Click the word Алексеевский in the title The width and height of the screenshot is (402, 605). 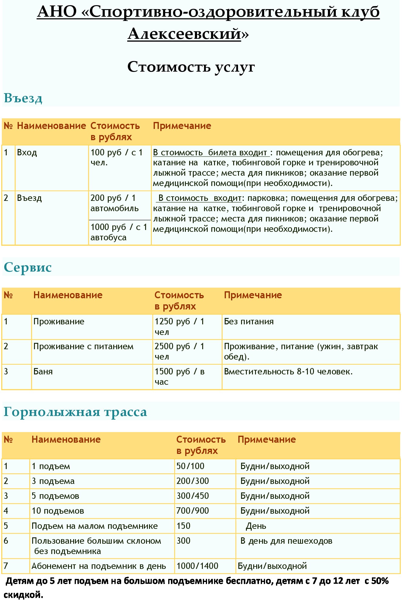tap(184, 34)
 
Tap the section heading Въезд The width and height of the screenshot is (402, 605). tap(23, 98)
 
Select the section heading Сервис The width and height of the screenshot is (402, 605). tap(28, 267)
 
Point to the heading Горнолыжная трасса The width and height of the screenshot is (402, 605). tap(75, 412)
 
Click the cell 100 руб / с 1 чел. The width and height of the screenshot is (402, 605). tap(117, 157)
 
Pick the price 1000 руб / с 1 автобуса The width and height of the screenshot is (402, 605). tap(119, 232)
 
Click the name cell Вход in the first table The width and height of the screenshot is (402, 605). tap(27, 152)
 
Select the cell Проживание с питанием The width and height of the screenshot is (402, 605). tap(83, 346)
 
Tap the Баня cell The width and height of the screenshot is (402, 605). tap(43, 371)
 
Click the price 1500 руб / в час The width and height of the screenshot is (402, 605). tap(179, 377)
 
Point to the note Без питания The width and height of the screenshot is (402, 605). tap(249, 321)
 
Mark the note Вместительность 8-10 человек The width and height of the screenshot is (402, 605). tap(288, 371)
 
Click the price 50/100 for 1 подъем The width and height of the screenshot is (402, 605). tap(190, 466)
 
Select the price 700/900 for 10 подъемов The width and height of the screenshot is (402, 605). tap(192, 511)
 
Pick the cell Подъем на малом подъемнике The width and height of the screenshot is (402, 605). tap(95, 526)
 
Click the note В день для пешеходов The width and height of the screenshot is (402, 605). tap(286, 541)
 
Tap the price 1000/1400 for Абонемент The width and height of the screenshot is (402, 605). tap(197, 566)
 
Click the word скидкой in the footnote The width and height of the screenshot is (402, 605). tap(23, 595)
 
